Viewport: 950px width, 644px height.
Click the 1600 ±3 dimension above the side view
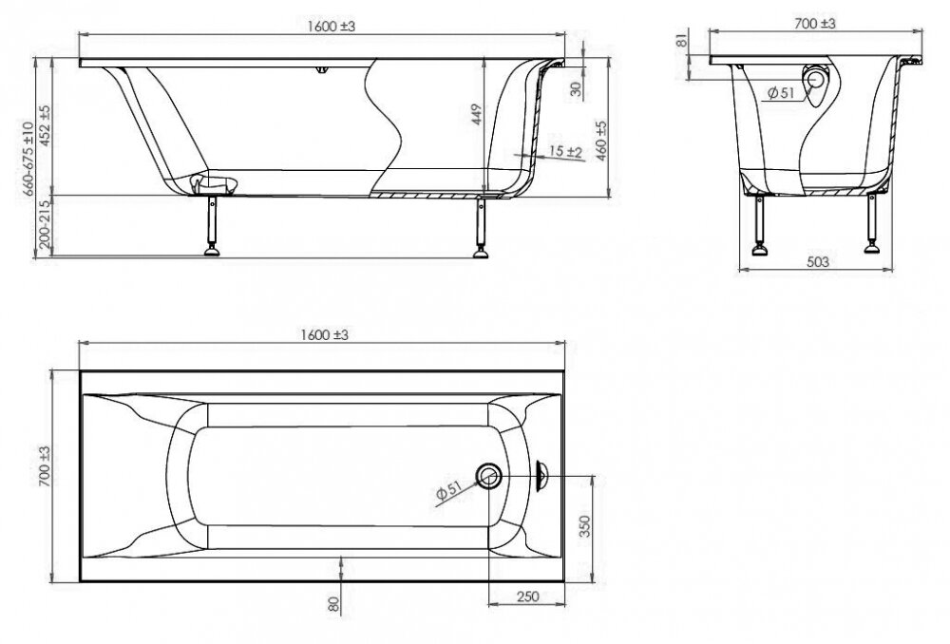click(331, 27)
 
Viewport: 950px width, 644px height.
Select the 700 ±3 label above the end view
click(814, 23)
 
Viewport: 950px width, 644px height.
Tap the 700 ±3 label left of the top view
click(45, 465)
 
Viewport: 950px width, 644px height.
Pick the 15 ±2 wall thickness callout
click(566, 151)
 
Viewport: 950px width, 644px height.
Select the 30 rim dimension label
click(577, 88)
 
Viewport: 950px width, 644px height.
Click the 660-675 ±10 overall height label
click(28, 158)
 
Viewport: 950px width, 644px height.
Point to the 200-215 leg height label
click(45, 225)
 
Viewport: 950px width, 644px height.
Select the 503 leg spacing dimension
click(818, 262)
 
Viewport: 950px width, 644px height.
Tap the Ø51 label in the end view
click(780, 93)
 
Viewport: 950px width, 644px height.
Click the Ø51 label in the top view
click(449, 490)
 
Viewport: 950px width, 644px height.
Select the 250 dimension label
click(527, 597)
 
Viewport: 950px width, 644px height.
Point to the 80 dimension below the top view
click(333, 603)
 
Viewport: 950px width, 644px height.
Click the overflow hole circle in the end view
click(815, 78)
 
